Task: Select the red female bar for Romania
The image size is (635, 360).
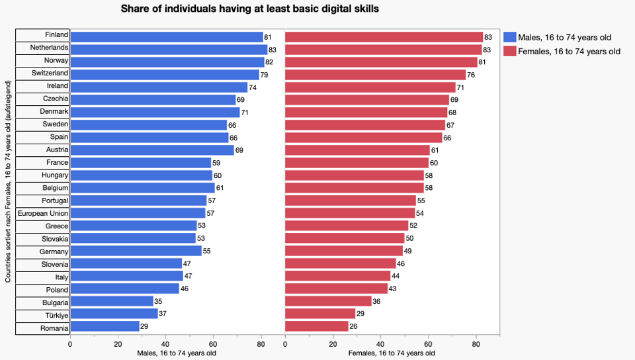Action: (x=316, y=327)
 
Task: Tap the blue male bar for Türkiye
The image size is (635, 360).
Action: (x=114, y=314)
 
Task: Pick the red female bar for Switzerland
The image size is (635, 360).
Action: (x=375, y=74)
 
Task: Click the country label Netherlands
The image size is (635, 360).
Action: (x=49, y=48)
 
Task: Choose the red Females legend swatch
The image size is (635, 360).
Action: (x=509, y=51)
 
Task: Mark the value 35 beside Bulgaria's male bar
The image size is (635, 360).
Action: (x=159, y=302)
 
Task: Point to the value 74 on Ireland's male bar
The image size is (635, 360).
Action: (x=253, y=87)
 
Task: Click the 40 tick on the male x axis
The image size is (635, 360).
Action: (x=165, y=343)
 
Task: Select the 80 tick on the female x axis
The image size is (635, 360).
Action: (x=476, y=343)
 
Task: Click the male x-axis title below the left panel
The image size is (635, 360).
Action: (x=177, y=353)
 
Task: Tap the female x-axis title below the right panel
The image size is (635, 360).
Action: (x=392, y=353)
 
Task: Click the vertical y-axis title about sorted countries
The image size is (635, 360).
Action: (x=8, y=182)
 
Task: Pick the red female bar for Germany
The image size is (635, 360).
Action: (x=344, y=251)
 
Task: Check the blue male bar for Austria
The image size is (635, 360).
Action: (x=152, y=150)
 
